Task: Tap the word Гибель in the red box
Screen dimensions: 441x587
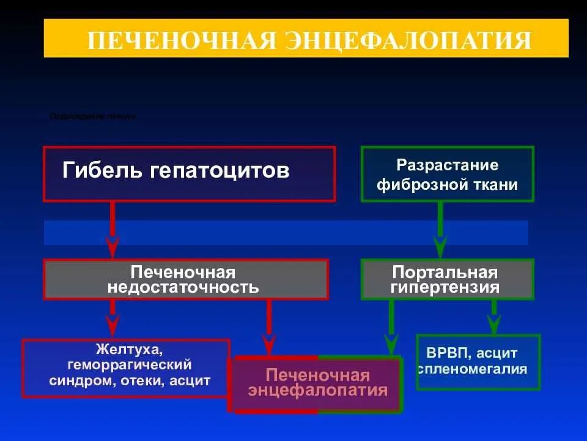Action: [102, 170]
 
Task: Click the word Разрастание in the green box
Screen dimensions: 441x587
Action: [448, 165]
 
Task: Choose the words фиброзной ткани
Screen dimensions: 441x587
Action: [448, 184]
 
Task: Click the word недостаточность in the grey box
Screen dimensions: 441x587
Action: [183, 287]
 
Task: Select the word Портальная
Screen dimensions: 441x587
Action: [445, 272]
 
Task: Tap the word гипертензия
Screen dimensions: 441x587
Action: [445, 287]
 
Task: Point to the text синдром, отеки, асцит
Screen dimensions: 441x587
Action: [129, 380]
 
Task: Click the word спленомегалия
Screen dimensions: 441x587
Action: [473, 369]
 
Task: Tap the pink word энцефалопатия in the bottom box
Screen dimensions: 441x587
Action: [318, 390]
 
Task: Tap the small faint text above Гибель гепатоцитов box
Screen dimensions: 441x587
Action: [92, 116]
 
